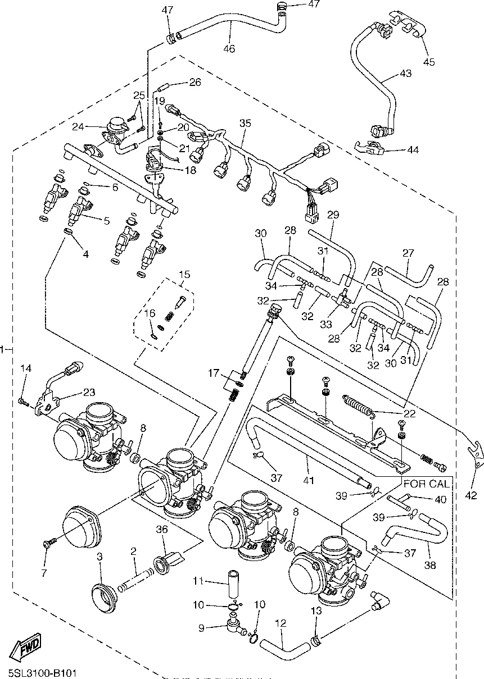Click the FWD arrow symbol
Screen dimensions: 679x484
tap(28, 648)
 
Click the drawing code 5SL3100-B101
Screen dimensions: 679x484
tap(42, 672)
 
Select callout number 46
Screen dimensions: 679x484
tap(229, 48)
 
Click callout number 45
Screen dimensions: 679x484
tap(429, 62)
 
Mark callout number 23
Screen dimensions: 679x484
tap(89, 392)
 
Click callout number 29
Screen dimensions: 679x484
tap(333, 215)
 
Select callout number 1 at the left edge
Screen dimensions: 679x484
tap(3, 349)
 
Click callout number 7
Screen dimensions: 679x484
tap(44, 573)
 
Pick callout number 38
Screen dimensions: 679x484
tap(430, 565)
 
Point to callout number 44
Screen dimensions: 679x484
tap(413, 150)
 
